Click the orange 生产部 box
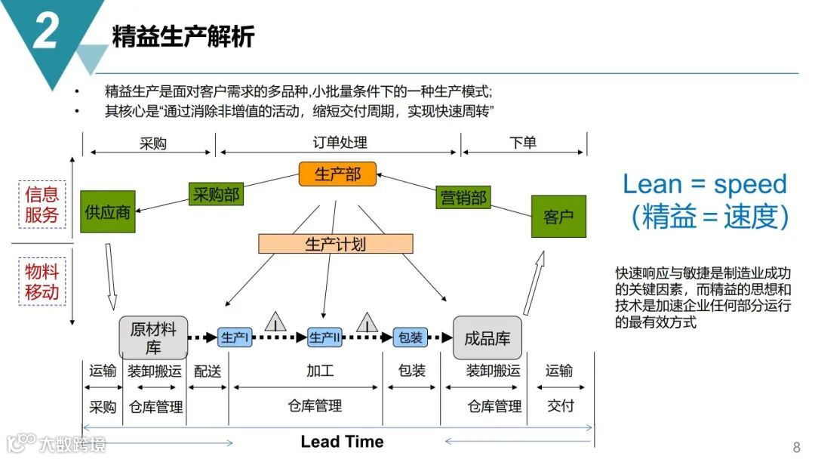tap(337, 174)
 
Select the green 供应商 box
tap(108, 211)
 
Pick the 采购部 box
tap(215, 195)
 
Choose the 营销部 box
tap(463, 198)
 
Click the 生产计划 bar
tap(336, 244)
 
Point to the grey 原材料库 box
tap(153, 337)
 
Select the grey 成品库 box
tap(487, 337)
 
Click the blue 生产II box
tap(325, 337)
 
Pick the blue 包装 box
tap(411, 337)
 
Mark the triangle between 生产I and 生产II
tap(275, 322)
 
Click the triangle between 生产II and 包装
tap(367, 322)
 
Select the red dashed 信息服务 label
tap(42, 204)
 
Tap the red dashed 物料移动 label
tap(42, 281)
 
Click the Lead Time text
tap(342, 442)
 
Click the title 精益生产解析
tap(183, 36)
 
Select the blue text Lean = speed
tap(705, 183)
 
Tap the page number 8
tap(796, 446)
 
